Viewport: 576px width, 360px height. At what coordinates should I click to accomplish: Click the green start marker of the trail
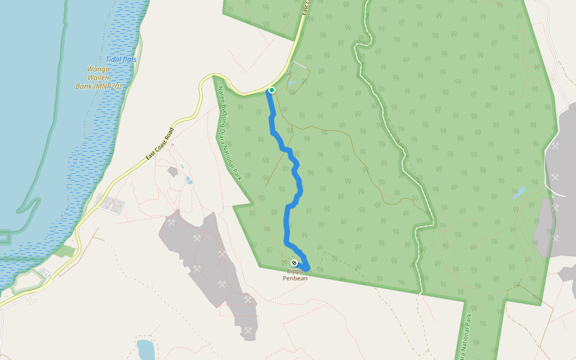(x=272, y=90)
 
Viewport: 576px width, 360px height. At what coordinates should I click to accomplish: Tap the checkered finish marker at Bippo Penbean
(x=294, y=263)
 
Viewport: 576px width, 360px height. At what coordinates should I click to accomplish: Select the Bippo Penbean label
(x=295, y=275)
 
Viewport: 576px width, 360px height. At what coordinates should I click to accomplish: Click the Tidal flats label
(x=122, y=59)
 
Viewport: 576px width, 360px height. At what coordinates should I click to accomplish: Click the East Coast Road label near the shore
(x=160, y=143)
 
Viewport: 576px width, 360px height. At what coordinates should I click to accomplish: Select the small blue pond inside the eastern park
(x=520, y=193)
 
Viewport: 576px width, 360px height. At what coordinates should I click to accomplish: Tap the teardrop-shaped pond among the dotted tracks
(x=190, y=179)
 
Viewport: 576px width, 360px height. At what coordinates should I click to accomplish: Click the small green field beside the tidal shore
(x=65, y=251)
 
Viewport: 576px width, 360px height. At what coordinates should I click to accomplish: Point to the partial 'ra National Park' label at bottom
(x=465, y=336)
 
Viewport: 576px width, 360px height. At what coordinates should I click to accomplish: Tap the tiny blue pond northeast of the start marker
(x=292, y=83)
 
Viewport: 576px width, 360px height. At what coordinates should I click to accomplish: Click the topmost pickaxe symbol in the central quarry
(x=172, y=223)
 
